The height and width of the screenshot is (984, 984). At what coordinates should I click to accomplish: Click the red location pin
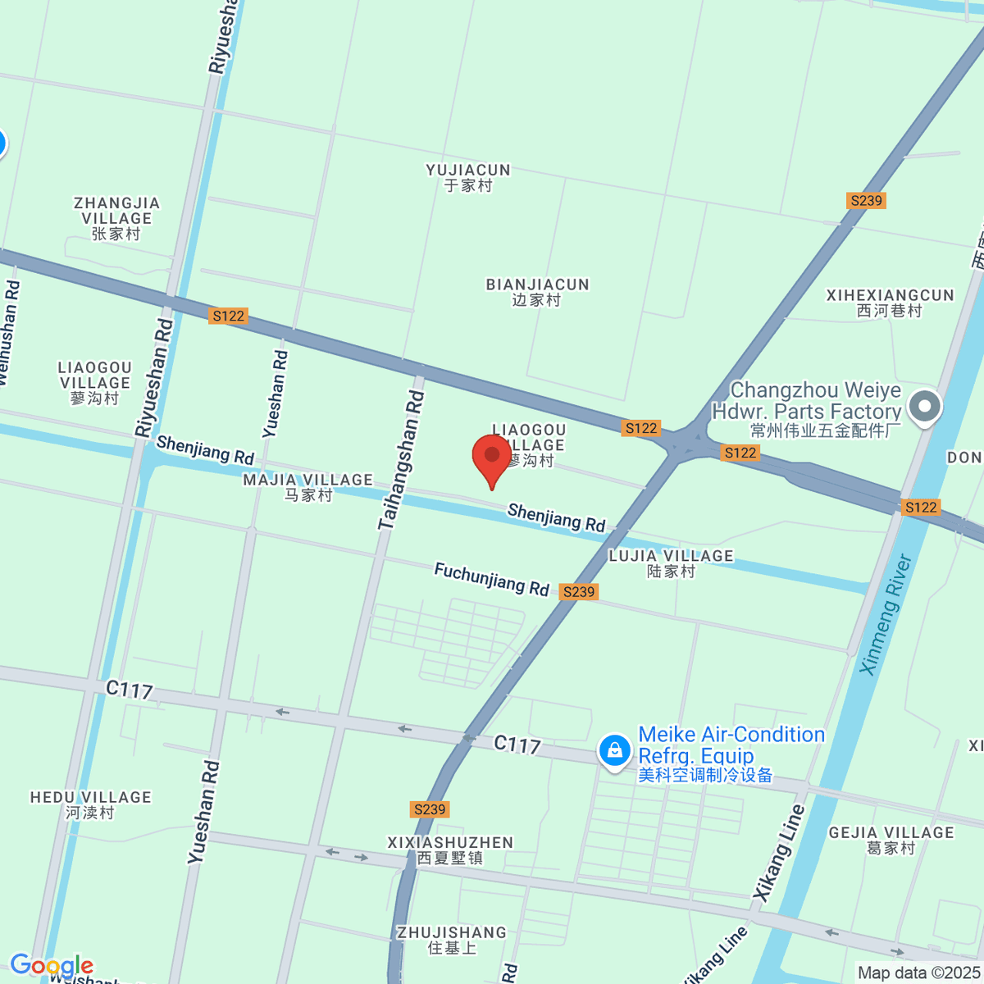[x=492, y=458]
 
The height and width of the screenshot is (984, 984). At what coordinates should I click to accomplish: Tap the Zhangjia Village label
[x=116, y=218]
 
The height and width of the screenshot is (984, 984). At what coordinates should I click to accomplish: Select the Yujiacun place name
[x=468, y=177]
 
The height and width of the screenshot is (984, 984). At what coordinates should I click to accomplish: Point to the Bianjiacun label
[x=537, y=292]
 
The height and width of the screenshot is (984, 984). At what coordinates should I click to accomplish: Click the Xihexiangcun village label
[x=890, y=303]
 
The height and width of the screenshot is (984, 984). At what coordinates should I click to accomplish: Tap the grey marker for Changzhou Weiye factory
[x=925, y=406]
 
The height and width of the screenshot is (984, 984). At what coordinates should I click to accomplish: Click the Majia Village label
[x=307, y=486]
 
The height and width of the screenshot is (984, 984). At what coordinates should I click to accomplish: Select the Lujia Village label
[x=671, y=563]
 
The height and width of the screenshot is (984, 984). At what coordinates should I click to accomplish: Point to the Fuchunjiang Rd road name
[x=491, y=579]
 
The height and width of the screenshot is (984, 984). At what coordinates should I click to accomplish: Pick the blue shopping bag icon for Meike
[x=614, y=750]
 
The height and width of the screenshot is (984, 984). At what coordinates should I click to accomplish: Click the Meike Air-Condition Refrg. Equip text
[x=730, y=753]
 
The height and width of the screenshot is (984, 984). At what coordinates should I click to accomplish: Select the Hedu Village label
[x=90, y=804]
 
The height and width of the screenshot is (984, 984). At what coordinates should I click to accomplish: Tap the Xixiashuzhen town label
[x=450, y=850]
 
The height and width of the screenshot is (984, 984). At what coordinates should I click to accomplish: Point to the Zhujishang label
[x=452, y=940]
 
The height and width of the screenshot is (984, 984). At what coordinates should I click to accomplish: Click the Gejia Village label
[x=891, y=840]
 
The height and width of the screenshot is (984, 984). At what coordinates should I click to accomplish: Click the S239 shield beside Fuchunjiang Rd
[x=579, y=592]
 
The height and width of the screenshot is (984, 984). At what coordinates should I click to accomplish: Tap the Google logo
[x=51, y=966]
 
